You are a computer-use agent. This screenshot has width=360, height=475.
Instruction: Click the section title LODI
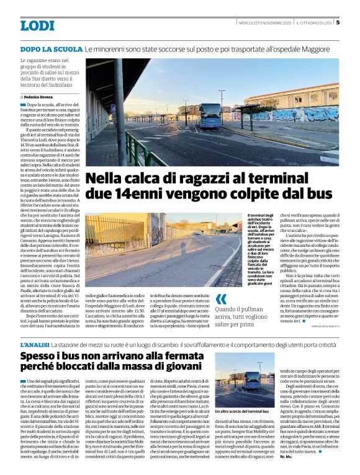[x=37, y=25]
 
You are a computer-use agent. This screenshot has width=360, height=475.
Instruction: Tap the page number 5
[x=338, y=23]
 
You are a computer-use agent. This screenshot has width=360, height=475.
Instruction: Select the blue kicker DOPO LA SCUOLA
[x=51, y=48]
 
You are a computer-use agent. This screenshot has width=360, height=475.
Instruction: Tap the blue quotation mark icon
[x=221, y=299]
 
